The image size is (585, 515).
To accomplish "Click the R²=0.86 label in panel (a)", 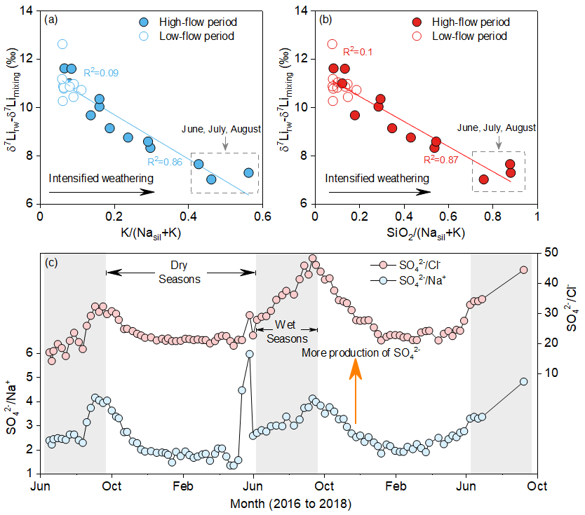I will click(166, 162).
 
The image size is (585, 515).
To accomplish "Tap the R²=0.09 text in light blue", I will click(100, 71).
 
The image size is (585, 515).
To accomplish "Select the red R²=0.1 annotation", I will click(358, 52).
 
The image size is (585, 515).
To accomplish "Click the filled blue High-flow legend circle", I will click(124, 22).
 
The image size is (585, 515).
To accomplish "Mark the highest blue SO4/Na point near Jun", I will click(249, 354).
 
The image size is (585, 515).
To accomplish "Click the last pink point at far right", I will click(523, 270).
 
